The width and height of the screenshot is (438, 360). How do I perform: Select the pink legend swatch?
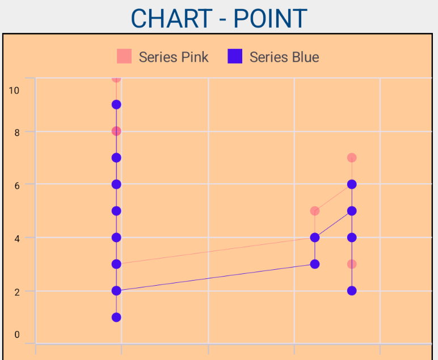pos(124,56)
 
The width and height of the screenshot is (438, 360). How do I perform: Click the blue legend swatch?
pos(234,56)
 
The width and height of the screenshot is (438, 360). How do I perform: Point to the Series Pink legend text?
pos(174,57)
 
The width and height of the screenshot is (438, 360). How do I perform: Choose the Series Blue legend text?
pos(284,57)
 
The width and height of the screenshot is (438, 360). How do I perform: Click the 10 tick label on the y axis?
pos(14,90)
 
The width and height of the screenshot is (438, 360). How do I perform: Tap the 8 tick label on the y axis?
pos(17,132)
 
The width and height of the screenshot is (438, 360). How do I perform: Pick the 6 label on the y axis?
pos(17,185)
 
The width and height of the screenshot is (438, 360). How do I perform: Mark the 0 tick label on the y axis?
pos(17,334)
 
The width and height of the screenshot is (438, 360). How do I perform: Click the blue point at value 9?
pos(116,104)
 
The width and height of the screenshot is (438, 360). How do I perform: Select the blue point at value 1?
pos(116,317)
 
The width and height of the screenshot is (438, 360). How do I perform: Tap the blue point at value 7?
pos(116,158)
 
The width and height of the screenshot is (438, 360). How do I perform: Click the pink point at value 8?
pos(116,131)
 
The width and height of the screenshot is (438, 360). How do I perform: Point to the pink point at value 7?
pos(352,158)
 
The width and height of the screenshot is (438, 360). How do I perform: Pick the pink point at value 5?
pos(315,211)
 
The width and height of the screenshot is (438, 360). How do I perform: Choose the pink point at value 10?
pos(116,78)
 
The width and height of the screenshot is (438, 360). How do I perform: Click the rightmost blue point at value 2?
pos(352,291)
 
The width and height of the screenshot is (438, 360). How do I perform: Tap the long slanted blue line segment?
pos(216,277)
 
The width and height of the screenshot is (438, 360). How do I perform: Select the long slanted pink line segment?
pos(216,251)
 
